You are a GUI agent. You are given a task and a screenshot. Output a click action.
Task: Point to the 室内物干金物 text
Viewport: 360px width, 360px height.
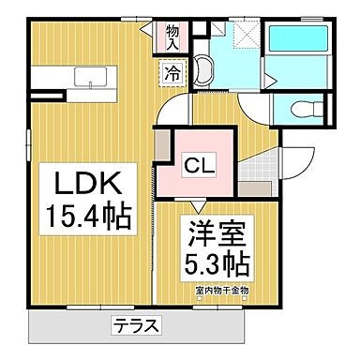click(x=222, y=289)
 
